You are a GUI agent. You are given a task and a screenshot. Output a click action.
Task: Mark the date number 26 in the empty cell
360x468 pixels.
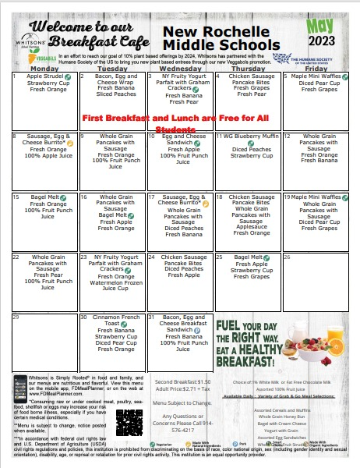(x=288, y=256)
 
